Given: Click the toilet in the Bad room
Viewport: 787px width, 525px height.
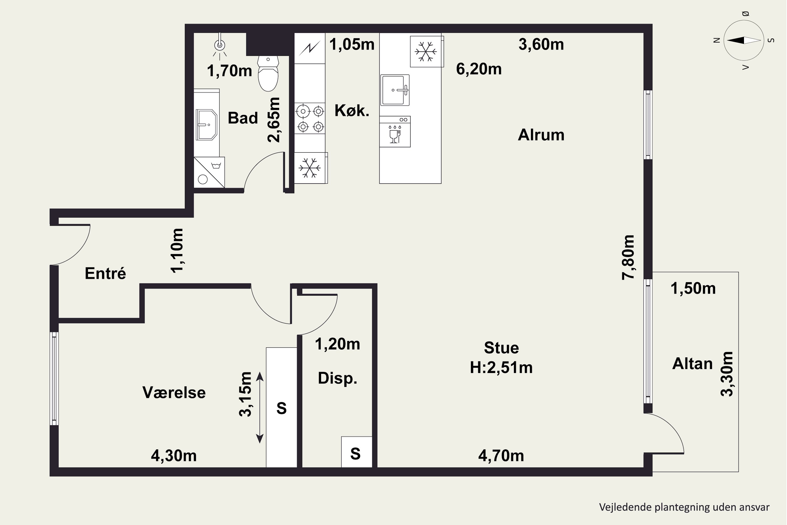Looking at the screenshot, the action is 268,74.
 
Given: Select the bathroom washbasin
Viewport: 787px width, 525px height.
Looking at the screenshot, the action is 206,124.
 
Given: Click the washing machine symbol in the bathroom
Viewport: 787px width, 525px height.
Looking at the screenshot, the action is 209,172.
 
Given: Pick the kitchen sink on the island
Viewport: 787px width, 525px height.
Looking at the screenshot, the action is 395,90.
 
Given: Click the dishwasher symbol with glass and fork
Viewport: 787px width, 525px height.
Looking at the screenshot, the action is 395,132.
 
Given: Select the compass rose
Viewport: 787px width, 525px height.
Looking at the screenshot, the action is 743,40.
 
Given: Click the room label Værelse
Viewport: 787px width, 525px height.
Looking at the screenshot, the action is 174,392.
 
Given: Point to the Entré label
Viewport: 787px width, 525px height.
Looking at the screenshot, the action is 105,273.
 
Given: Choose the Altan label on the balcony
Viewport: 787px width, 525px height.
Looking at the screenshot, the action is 692,364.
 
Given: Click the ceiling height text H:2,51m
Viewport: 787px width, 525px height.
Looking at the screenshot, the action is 501,367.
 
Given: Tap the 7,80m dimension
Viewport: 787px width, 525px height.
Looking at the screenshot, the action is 628,257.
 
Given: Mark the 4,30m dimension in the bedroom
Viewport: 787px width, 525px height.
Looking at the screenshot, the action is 174,456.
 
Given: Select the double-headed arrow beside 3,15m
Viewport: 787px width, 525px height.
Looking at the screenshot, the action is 260,407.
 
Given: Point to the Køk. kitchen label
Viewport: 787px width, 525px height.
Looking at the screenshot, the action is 352,110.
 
